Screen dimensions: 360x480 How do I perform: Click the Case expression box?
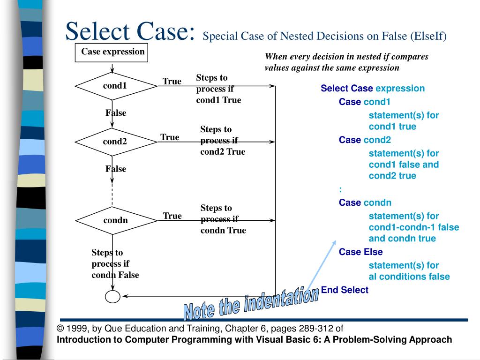coord(112,52)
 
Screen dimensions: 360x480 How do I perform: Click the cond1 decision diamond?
coord(116,86)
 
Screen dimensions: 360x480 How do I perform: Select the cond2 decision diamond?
coord(116,142)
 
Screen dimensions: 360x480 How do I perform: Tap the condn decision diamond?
coord(116,220)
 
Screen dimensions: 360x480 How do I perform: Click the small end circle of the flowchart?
coord(112,296)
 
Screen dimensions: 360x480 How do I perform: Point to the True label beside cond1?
coord(172,82)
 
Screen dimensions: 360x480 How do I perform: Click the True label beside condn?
coord(172,216)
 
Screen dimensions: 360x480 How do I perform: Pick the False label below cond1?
coord(116,113)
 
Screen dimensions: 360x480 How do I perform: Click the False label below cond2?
coord(116,169)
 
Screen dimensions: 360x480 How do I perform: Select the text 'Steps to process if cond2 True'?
coord(223,141)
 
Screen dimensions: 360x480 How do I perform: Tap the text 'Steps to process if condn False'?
coord(115,264)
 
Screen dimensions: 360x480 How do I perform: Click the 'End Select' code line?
coord(345,290)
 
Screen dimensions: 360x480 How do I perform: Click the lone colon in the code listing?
coord(340,189)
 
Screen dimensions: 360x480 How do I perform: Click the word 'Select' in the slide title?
coord(97,32)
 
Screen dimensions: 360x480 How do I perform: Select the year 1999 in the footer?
coord(76,329)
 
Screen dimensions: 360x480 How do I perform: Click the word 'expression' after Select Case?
coord(400,88)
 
